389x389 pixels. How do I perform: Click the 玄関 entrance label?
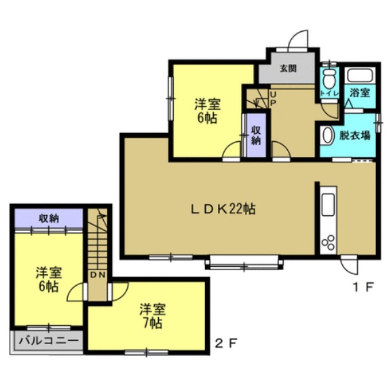coord(288,69)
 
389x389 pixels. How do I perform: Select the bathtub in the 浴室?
coord(360,75)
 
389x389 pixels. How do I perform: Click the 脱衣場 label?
coord(355,136)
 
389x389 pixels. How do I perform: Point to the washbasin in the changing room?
coord(327,135)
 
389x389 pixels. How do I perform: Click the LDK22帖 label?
coord(223,209)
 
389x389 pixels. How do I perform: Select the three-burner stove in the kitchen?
coord(328,242)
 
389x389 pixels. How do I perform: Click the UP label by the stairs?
coord(273,98)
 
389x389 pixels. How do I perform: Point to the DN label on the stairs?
coord(98,275)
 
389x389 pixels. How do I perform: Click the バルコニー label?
coord(49,341)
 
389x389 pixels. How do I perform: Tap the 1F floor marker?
coord(363,287)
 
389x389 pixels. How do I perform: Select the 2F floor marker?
coord(226,344)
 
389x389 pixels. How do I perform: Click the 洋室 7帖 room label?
coord(152,316)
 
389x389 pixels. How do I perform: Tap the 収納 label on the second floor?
coord(49,219)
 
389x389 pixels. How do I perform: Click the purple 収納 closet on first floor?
coord(256,135)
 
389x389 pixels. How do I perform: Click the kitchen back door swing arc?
coord(350,266)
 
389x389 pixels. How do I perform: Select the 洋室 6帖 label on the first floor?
coord(207,111)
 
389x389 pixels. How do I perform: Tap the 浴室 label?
coord(360,93)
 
